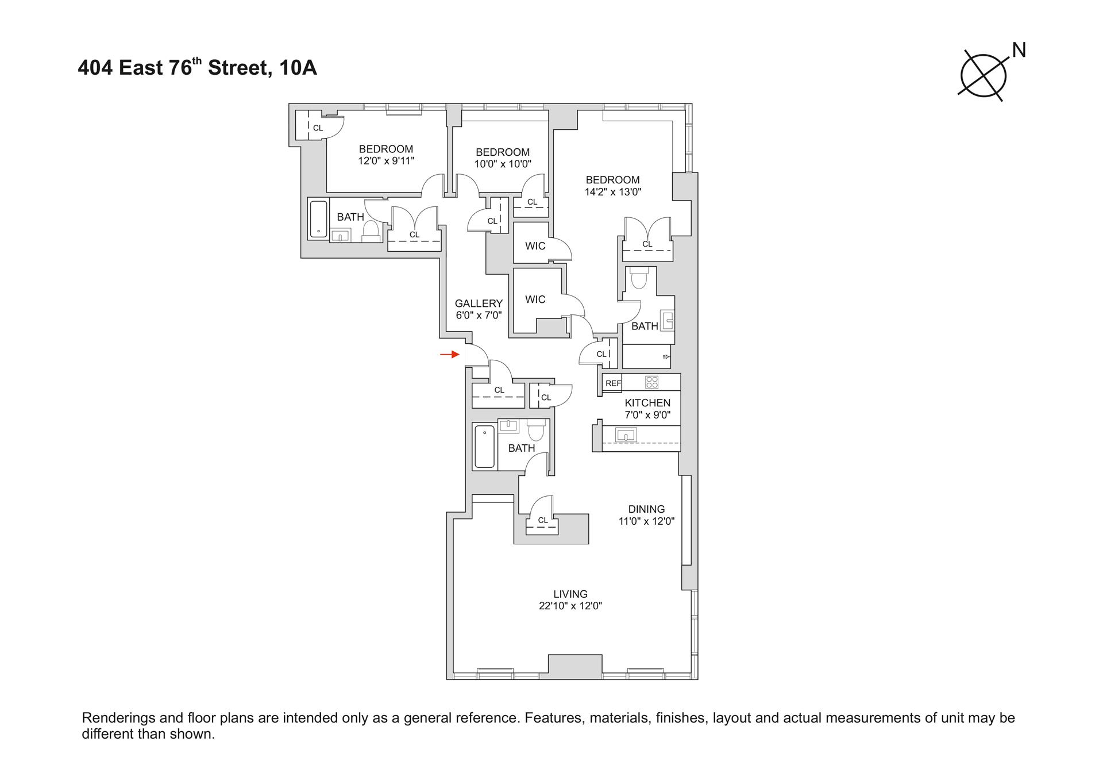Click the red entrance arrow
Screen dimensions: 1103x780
[450, 355]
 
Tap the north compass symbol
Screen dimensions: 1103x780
[984, 76]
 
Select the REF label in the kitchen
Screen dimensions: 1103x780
[613, 383]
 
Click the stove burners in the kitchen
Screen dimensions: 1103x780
[651, 382]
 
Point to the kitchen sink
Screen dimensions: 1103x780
[626, 435]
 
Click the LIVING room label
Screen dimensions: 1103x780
[570, 594]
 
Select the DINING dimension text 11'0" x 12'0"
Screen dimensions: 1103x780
[646, 521]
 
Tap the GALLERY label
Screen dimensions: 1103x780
[479, 303]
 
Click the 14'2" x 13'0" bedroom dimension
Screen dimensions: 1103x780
[612, 192]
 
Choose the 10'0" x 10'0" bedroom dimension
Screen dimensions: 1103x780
[503, 164]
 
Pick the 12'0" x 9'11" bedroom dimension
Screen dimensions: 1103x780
[386, 161]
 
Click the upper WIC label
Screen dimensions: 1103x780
[535, 246]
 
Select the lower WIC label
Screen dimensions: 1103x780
[535, 299]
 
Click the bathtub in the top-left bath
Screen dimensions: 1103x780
[318, 218]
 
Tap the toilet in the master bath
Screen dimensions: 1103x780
[639, 279]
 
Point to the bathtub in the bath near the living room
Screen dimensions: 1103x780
[484, 447]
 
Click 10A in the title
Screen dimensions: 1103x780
[298, 68]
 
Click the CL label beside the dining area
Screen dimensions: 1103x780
[543, 520]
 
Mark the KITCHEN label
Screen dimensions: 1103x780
[647, 403]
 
